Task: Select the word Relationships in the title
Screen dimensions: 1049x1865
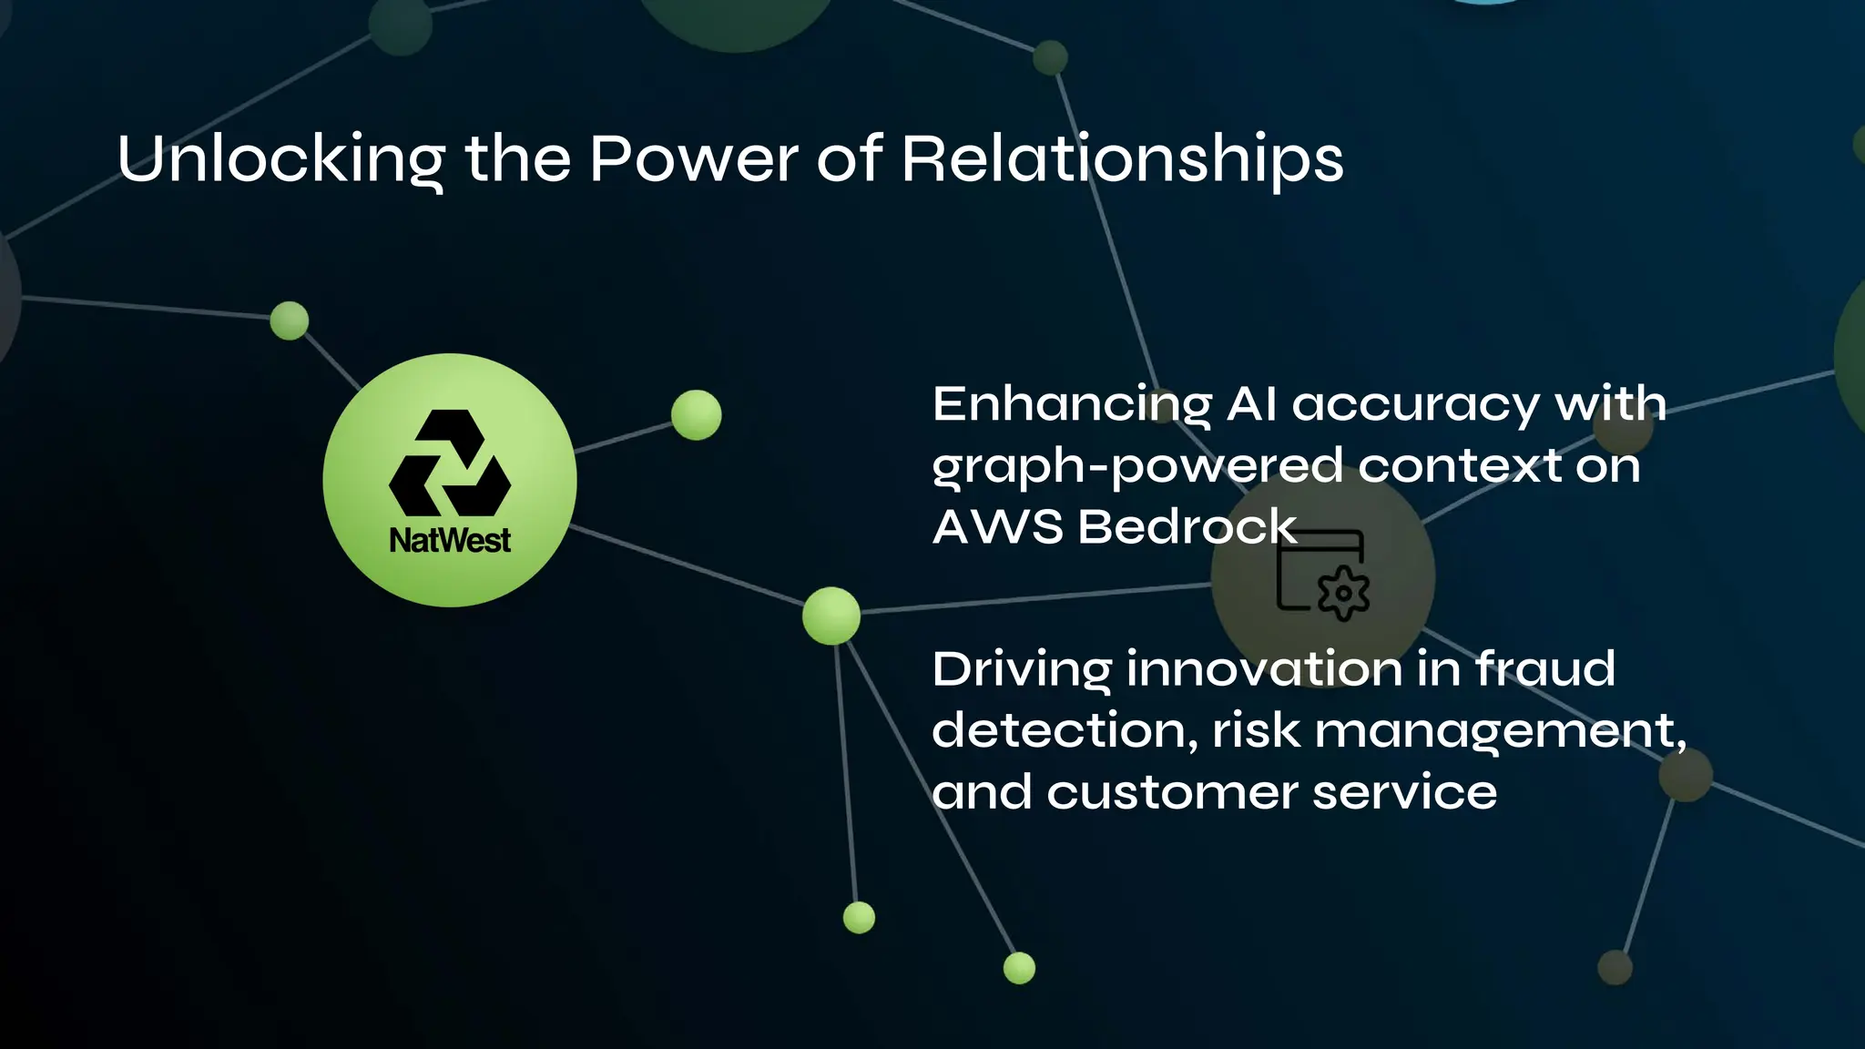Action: coord(1122,159)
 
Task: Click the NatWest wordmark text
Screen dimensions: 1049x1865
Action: coord(450,541)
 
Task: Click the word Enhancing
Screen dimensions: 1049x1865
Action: coord(1072,405)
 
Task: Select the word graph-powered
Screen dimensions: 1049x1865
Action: coord(1136,467)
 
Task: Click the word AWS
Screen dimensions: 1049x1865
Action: coord(997,527)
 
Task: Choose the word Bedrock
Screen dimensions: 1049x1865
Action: coord(1187,527)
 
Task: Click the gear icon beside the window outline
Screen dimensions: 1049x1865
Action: coord(1343,593)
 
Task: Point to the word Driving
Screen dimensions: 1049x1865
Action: coord(1021,671)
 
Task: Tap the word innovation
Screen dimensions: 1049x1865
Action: coord(1264,669)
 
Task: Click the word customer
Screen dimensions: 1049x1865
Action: coord(1171,792)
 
